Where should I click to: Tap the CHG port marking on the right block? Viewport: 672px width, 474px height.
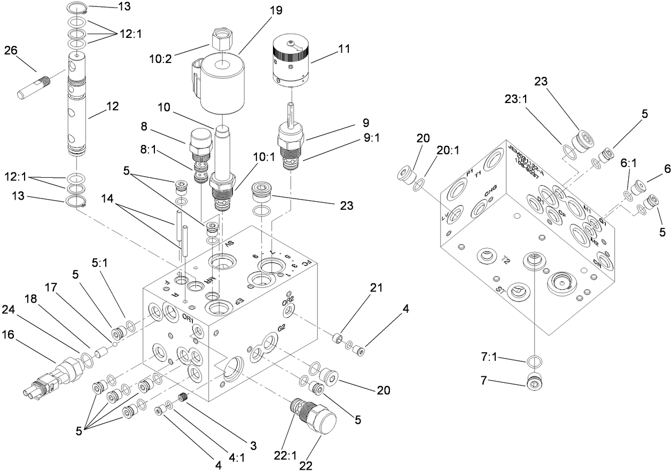coord(491,194)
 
